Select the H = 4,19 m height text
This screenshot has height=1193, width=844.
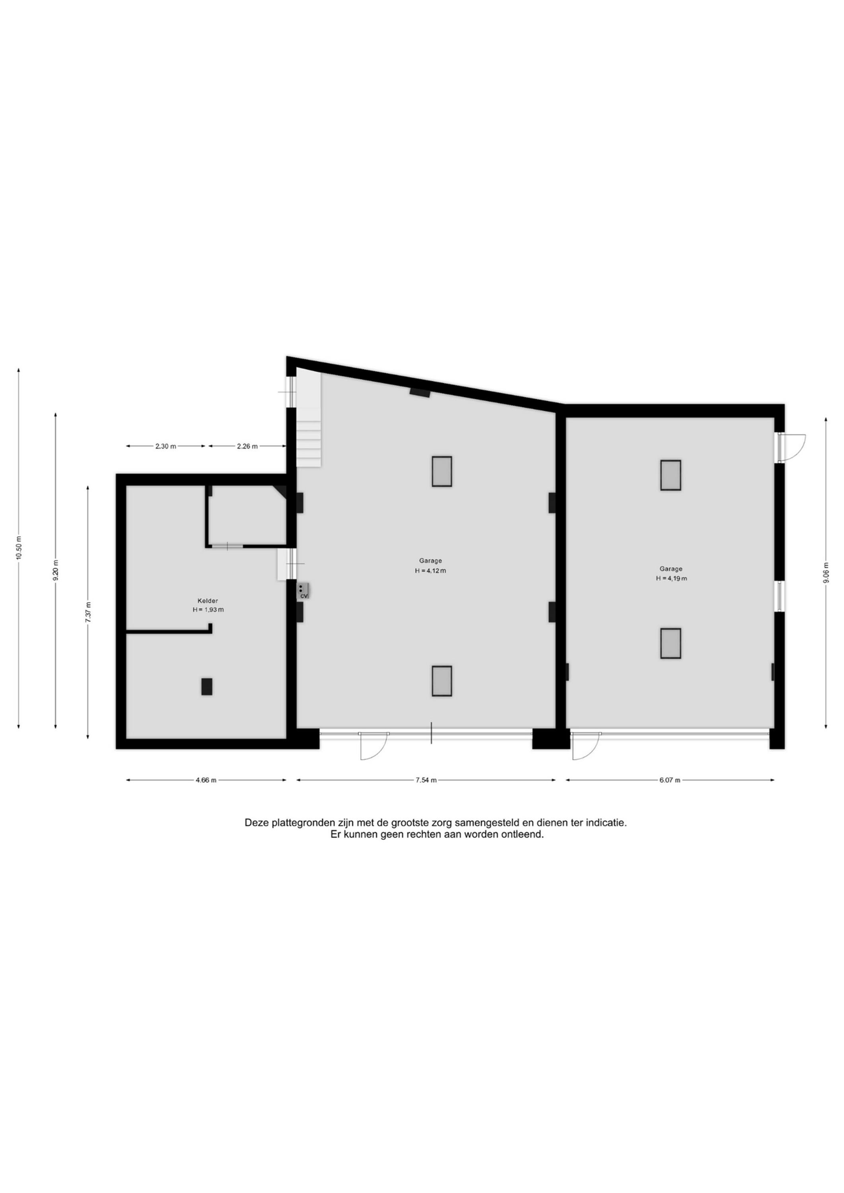tap(671, 578)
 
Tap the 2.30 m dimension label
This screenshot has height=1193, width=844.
tap(166, 446)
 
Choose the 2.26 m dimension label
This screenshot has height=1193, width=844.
tap(247, 446)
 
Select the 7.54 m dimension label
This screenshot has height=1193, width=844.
tap(426, 780)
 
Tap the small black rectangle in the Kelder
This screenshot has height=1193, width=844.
tap(207, 686)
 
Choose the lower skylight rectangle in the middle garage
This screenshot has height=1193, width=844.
tap(442, 681)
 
